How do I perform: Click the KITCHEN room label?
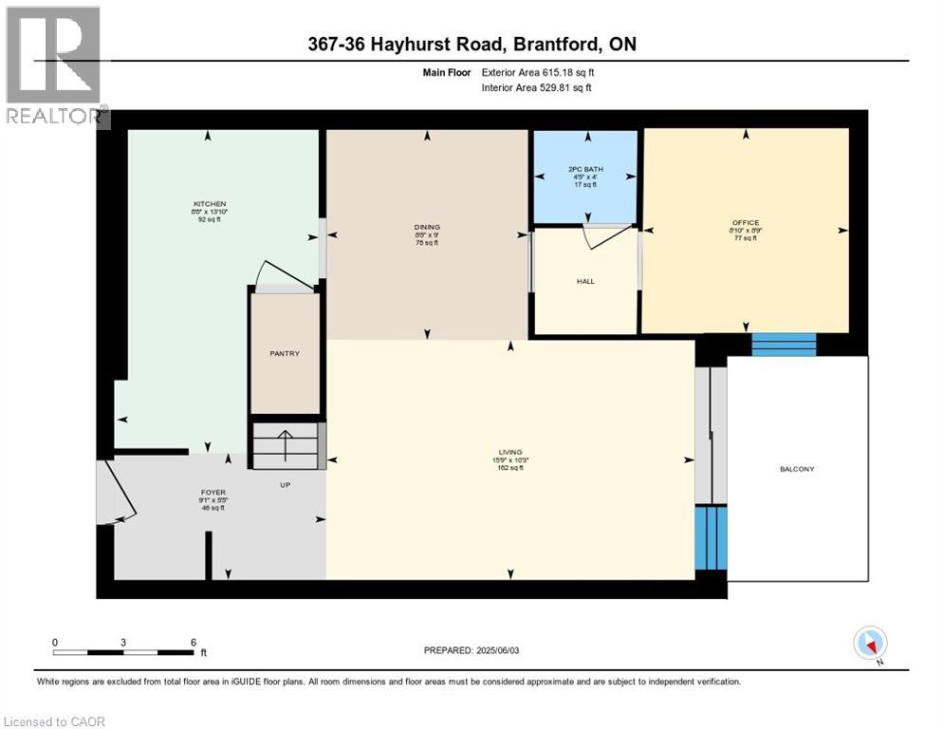click(x=210, y=205)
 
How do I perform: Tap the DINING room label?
click(x=427, y=227)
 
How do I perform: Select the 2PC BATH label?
click(x=584, y=170)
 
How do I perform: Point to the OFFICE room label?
click(x=745, y=223)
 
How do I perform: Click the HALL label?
click(x=585, y=281)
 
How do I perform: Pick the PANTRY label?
click(x=285, y=354)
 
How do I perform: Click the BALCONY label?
click(x=797, y=469)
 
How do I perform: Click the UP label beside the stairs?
click(x=285, y=484)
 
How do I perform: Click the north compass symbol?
click(x=870, y=644)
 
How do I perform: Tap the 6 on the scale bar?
click(x=193, y=643)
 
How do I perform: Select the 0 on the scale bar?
click(x=55, y=643)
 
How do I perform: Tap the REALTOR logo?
click(x=54, y=66)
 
